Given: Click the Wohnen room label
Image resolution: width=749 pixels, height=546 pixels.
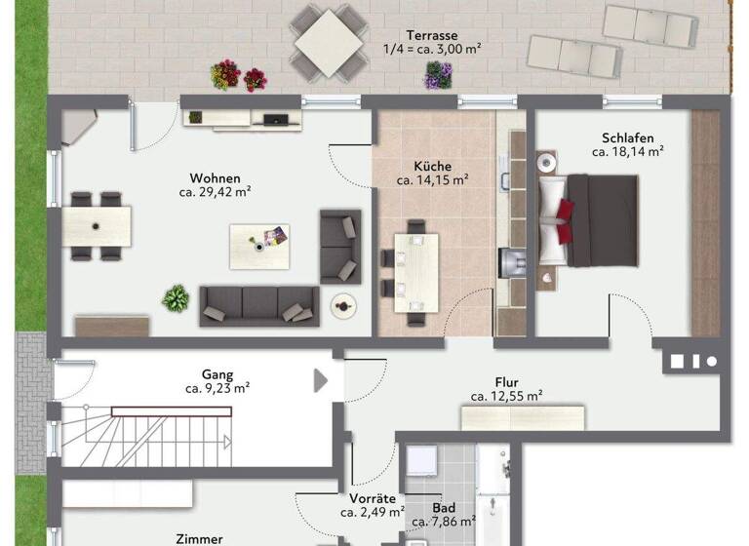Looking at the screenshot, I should tap(215, 178).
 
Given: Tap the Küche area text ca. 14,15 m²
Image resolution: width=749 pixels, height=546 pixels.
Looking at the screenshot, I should tap(432, 180).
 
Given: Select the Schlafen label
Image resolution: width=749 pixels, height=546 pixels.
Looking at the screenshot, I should tap(628, 137).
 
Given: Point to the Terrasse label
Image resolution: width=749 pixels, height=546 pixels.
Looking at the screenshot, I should tap(432, 33).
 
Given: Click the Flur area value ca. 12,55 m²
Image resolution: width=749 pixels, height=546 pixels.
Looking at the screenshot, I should tap(506, 396).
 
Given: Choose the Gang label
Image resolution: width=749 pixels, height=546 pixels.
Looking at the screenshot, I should tap(217, 373).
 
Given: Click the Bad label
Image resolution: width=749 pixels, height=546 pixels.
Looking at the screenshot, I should tap(444, 508).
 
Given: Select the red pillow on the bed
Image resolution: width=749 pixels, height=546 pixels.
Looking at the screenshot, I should tap(566, 209).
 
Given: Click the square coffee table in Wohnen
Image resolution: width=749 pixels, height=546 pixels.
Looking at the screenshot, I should tap(259, 246).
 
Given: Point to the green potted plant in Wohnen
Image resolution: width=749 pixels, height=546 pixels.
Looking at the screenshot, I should tap(176, 297).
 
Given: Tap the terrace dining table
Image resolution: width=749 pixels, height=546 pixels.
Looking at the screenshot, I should tap(330, 42).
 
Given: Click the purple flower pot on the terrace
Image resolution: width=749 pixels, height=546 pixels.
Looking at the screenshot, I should tap(438, 75).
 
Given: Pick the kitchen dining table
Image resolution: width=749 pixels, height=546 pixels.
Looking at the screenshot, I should tap(415, 272).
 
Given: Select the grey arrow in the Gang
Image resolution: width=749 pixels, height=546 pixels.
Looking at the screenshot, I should tap(320, 380).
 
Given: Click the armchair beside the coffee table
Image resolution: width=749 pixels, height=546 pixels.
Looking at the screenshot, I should tap(339, 246).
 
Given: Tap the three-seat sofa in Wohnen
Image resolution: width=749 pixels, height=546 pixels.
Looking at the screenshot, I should tap(258, 305).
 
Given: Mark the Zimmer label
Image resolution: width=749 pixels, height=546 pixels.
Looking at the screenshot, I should tap(199, 538).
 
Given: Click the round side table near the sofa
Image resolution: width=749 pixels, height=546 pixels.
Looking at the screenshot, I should tap(342, 304).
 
